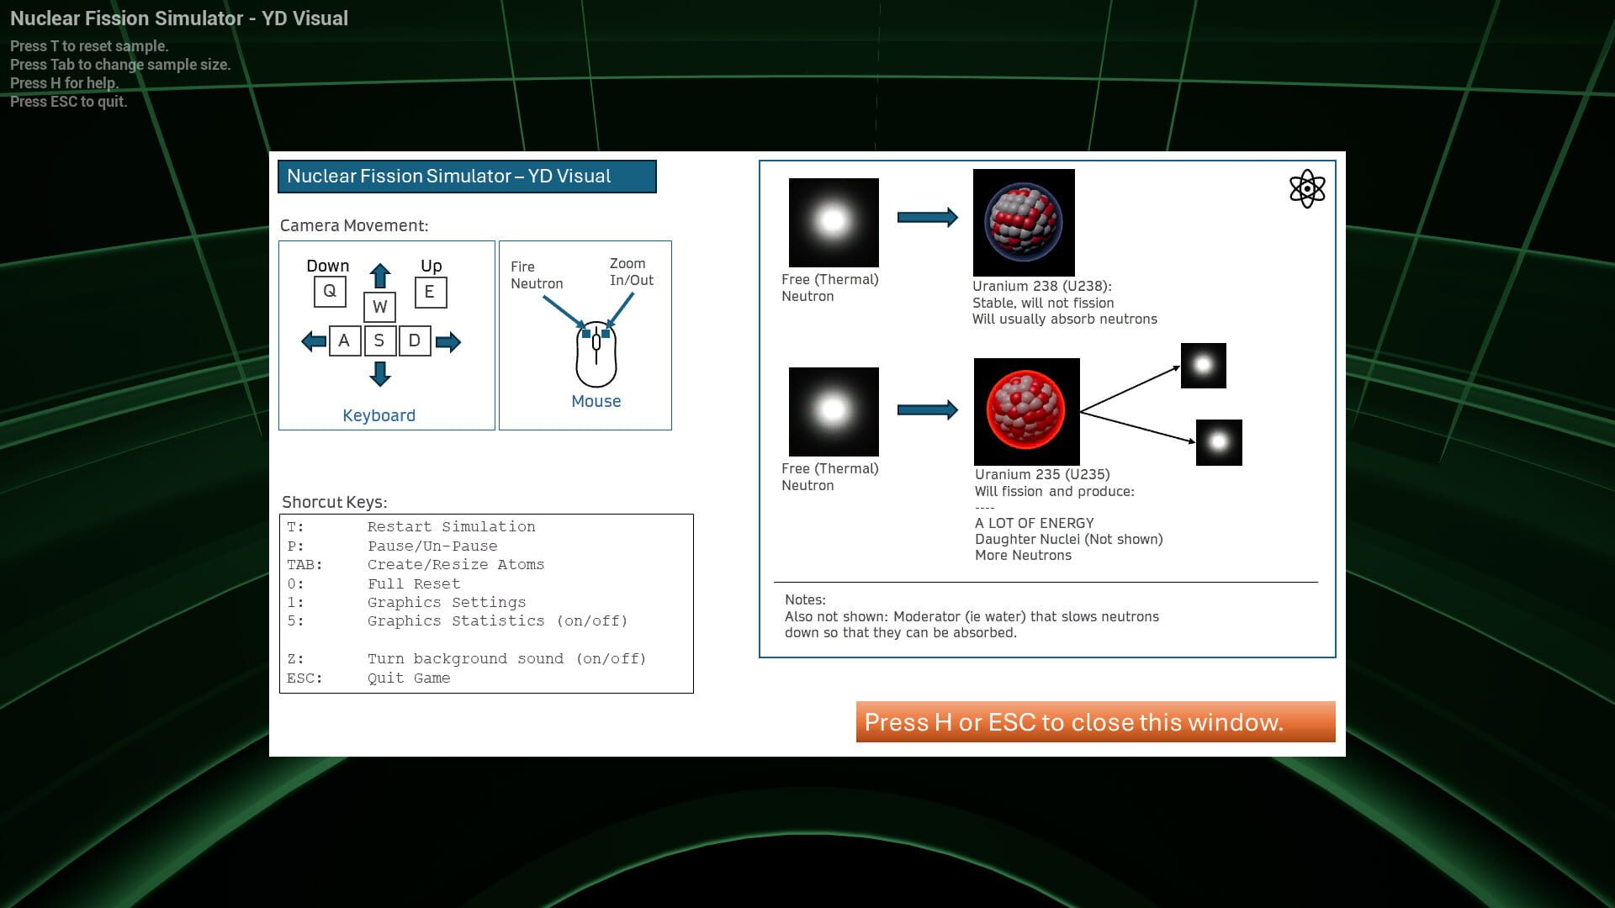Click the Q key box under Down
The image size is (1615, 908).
click(330, 292)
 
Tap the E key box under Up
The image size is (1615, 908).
click(430, 293)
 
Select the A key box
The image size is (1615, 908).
click(344, 341)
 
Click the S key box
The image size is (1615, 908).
click(379, 341)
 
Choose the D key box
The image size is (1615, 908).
click(415, 341)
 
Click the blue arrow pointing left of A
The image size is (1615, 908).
click(314, 342)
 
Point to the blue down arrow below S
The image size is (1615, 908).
click(380, 373)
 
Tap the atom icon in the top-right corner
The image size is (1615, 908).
click(1307, 189)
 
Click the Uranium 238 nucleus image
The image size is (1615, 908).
click(1024, 223)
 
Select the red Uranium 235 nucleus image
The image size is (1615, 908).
click(1026, 411)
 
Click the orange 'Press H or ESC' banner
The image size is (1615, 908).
click(1095, 722)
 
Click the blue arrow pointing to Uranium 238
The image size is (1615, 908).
click(927, 218)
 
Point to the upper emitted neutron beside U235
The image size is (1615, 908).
click(1204, 366)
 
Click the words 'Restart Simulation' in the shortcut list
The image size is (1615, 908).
click(451, 527)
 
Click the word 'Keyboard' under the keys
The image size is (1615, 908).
click(379, 415)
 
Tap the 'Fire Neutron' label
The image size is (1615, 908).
click(536, 275)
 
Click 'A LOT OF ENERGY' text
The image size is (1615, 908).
click(1034, 523)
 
